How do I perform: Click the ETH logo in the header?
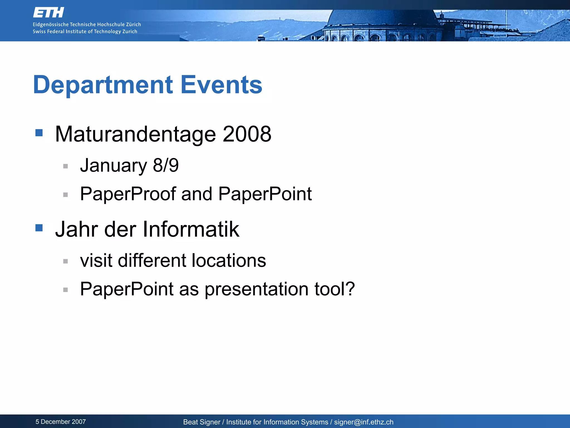(x=48, y=13)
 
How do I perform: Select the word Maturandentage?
(x=135, y=134)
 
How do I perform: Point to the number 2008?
(x=247, y=134)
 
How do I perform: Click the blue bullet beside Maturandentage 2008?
(x=39, y=133)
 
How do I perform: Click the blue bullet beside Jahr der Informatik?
(x=39, y=228)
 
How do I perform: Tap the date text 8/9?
(x=166, y=165)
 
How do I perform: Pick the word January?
(x=114, y=166)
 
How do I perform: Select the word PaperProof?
(x=128, y=194)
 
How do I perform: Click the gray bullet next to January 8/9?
(x=66, y=166)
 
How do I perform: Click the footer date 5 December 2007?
(x=61, y=422)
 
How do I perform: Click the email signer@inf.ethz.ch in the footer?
(x=364, y=422)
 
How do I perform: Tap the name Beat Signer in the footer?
(x=202, y=422)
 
